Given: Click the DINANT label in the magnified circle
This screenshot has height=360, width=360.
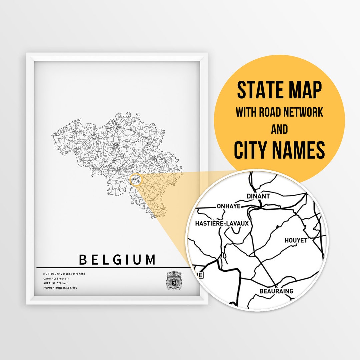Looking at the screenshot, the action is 258,196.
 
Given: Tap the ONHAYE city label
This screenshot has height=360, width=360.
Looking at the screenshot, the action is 228,206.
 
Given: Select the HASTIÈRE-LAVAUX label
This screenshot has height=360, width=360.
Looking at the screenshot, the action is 222,223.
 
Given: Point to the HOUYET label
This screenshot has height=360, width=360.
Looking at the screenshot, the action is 296,240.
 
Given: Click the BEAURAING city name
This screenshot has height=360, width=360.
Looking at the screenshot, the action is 276,291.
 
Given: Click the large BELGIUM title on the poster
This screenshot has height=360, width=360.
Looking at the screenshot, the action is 117,259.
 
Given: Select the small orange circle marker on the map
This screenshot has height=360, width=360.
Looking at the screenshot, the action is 136,180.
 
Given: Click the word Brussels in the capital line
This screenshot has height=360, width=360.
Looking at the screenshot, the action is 63,278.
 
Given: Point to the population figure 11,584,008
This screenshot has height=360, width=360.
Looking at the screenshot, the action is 70,288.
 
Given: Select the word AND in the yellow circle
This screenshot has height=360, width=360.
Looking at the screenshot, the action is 279,129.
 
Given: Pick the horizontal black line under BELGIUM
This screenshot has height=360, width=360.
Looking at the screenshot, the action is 113,267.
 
